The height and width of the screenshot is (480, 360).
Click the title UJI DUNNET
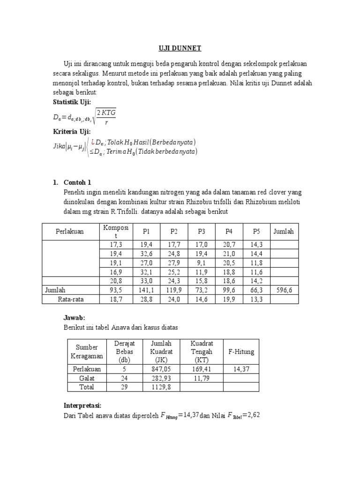(180, 48)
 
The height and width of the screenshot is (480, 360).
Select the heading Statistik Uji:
(73, 102)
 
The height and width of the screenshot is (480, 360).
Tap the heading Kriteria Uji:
(72, 132)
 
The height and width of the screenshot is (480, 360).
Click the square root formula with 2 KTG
(105, 117)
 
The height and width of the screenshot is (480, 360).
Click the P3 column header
(202, 232)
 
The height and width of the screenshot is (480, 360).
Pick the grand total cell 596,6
(284, 290)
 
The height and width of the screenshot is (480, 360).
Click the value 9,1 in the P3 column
(202, 263)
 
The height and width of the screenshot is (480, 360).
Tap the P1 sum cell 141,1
(147, 290)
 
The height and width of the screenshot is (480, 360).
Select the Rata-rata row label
(70, 299)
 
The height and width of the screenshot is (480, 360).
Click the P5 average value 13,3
(255, 299)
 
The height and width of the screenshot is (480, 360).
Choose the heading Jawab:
(74, 318)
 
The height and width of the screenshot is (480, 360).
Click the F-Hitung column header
(241, 351)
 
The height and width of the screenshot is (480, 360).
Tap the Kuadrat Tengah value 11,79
(202, 378)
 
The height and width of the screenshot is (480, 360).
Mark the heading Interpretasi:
(82, 405)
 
